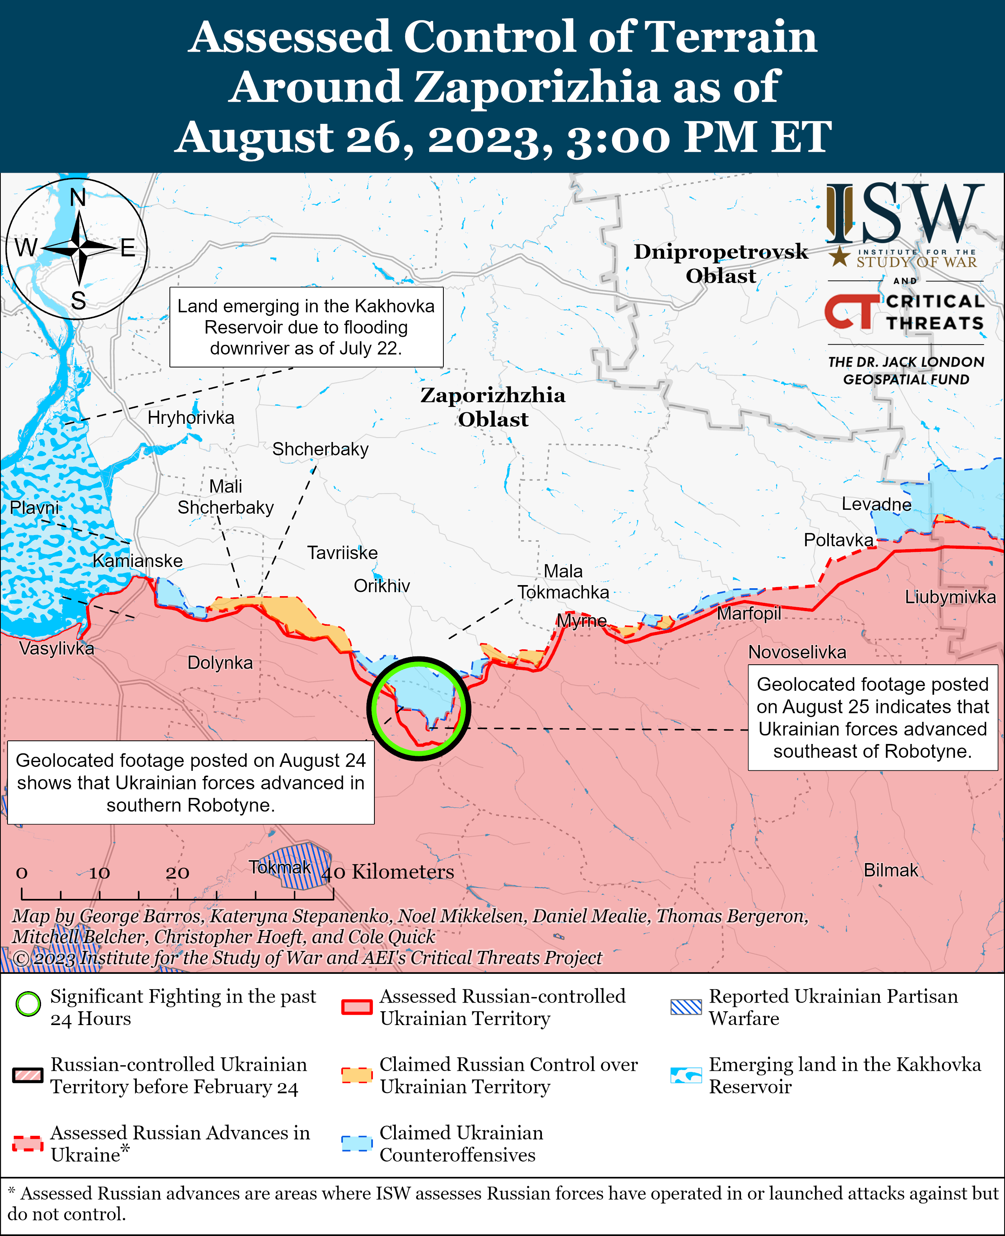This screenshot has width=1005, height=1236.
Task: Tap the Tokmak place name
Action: (280, 867)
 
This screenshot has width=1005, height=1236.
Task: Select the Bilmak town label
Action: (890, 870)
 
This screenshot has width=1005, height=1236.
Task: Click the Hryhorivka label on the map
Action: (191, 418)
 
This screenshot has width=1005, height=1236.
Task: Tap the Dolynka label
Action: (220, 663)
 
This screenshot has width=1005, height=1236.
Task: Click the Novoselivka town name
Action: (797, 652)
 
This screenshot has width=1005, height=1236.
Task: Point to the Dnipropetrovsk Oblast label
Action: (721, 263)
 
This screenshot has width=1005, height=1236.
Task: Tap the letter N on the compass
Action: (78, 198)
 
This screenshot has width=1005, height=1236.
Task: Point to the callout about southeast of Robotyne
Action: (873, 717)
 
